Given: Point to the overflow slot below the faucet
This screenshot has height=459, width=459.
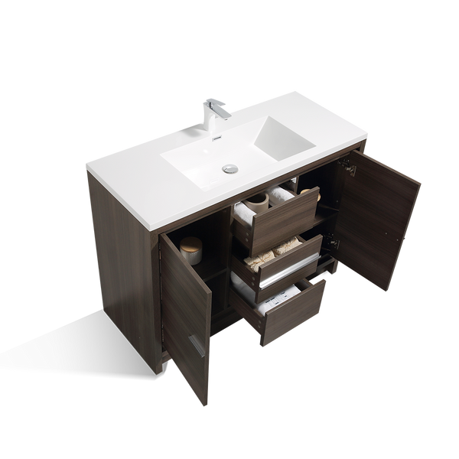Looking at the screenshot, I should (216, 136).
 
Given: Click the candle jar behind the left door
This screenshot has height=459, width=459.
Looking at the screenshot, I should (192, 249).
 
